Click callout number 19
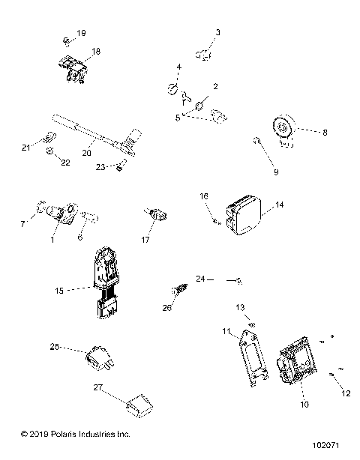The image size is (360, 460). pos(82,33)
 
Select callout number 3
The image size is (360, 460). pos(218,32)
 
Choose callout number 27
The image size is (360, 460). pos(97,387)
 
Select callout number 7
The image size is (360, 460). pos(22,223)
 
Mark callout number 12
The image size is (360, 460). pos(346,393)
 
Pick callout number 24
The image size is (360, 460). pos(200,279)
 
